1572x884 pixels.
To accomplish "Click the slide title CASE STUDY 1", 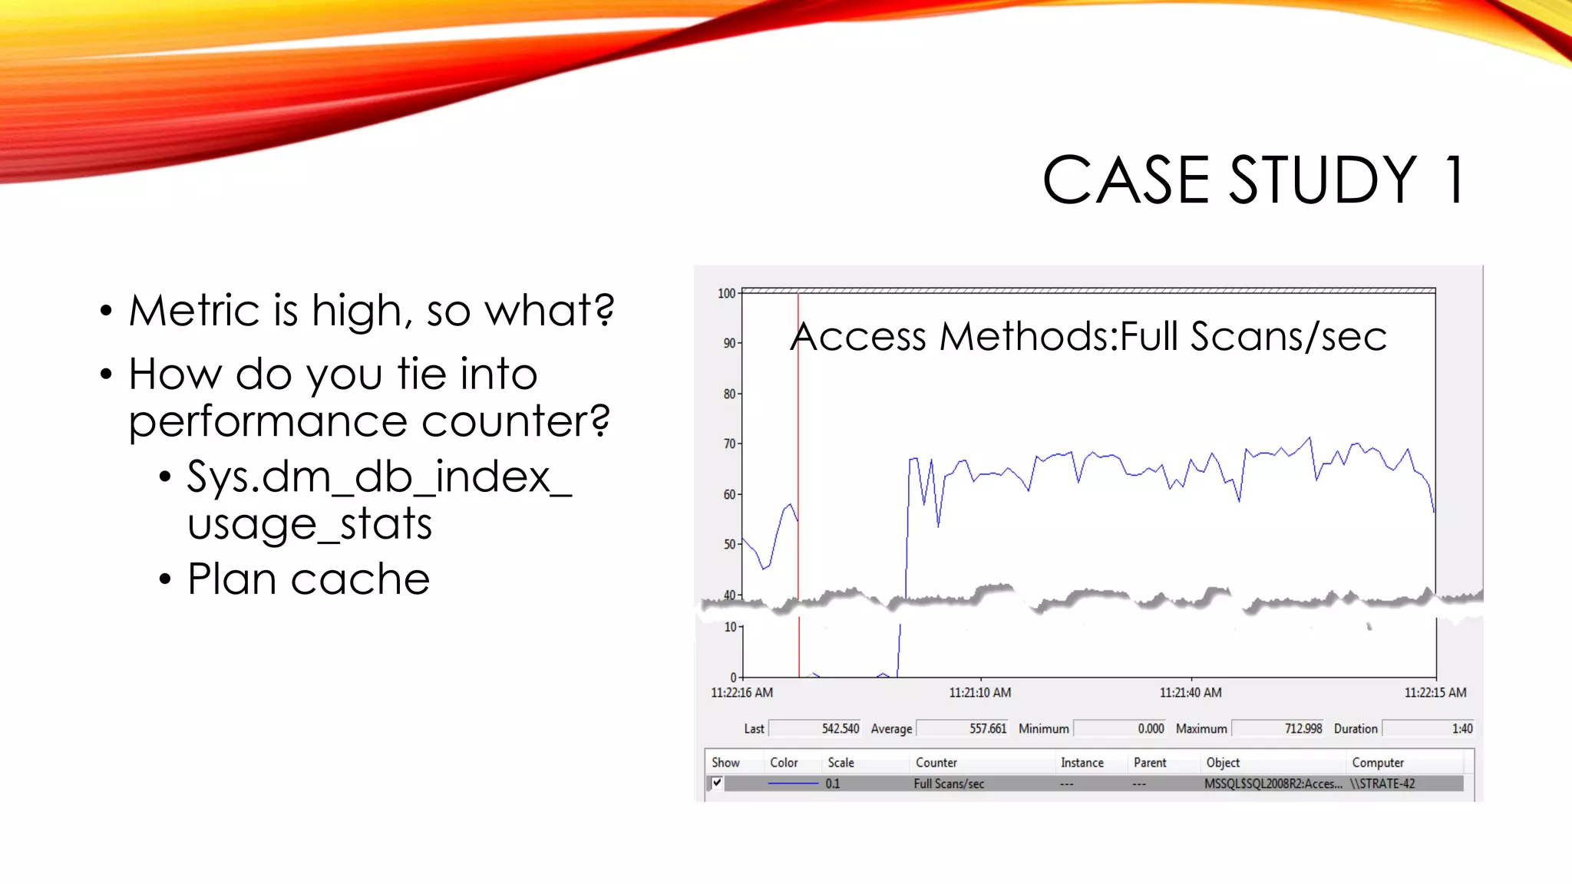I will click(1254, 180).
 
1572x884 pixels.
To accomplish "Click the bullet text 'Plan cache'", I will click(309, 579).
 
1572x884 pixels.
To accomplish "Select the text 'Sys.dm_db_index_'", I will click(379, 477).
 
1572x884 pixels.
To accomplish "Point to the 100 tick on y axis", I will click(726, 293).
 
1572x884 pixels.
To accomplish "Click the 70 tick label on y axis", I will click(728, 444).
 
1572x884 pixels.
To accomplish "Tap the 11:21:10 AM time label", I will click(979, 692).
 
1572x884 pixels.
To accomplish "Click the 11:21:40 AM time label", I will click(1190, 692).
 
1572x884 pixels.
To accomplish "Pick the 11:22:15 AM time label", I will click(1435, 692).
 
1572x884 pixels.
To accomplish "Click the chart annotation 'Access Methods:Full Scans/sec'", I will click(1088, 337).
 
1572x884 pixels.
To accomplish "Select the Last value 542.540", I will click(840, 728).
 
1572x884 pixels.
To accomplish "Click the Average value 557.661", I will click(987, 728).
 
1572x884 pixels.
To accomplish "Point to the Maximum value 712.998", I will click(1303, 728).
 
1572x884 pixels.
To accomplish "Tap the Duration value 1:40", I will click(1461, 728).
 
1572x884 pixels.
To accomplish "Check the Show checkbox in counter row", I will click(717, 783).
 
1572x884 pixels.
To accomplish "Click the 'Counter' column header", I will click(936, 763).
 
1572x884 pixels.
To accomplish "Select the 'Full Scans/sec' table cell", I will click(949, 783).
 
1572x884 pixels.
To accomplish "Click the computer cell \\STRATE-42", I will click(1382, 783).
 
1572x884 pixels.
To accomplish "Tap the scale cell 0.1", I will click(833, 783).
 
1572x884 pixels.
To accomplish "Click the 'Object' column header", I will click(1223, 763).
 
